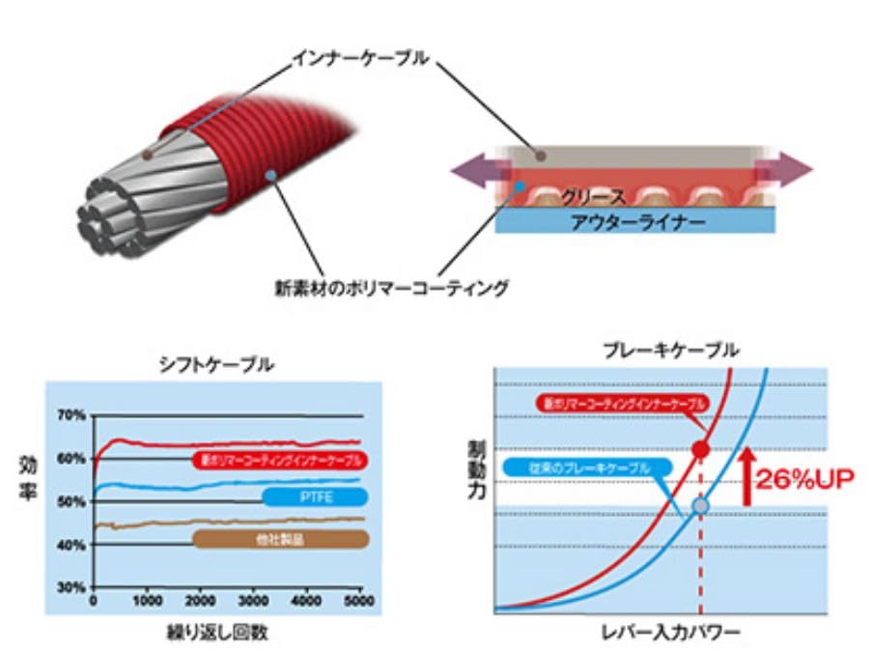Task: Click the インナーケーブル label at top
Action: (x=359, y=59)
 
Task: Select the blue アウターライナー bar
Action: (x=635, y=223)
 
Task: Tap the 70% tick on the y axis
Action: (x=74, y=415)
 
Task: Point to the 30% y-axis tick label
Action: (x=74, y=587)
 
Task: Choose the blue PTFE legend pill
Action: (x=314, y=497)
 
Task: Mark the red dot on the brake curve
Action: (x=701, y=449)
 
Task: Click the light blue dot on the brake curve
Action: (x=701, y=505)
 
